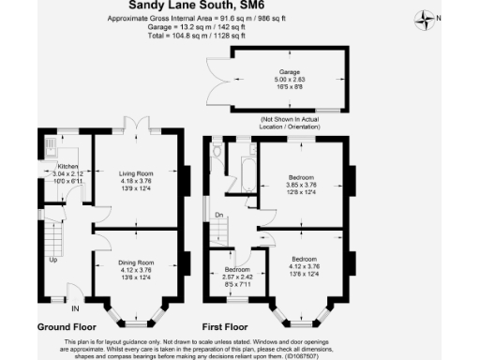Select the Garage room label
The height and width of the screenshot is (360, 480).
(x=287, y=71)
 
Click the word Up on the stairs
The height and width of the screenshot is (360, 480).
(x=53, y=261)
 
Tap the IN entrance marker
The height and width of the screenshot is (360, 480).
(x=76, y=307)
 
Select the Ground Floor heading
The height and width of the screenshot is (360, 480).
(x=67, y=326)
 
